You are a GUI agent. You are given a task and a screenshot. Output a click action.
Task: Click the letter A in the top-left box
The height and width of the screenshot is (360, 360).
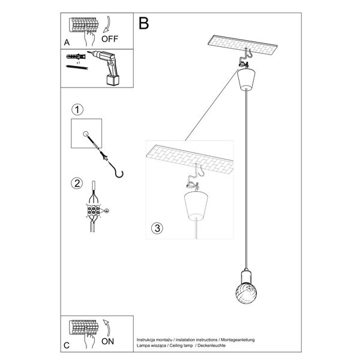[67, 42]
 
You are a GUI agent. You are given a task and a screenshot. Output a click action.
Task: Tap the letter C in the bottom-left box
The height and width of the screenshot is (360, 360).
[67, 345]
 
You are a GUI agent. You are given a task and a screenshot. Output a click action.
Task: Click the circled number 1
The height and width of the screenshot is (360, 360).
[76, 110]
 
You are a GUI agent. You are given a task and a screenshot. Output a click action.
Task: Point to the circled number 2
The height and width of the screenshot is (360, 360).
[76, 183]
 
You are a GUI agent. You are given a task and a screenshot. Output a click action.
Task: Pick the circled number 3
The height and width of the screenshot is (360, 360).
[156, 228]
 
